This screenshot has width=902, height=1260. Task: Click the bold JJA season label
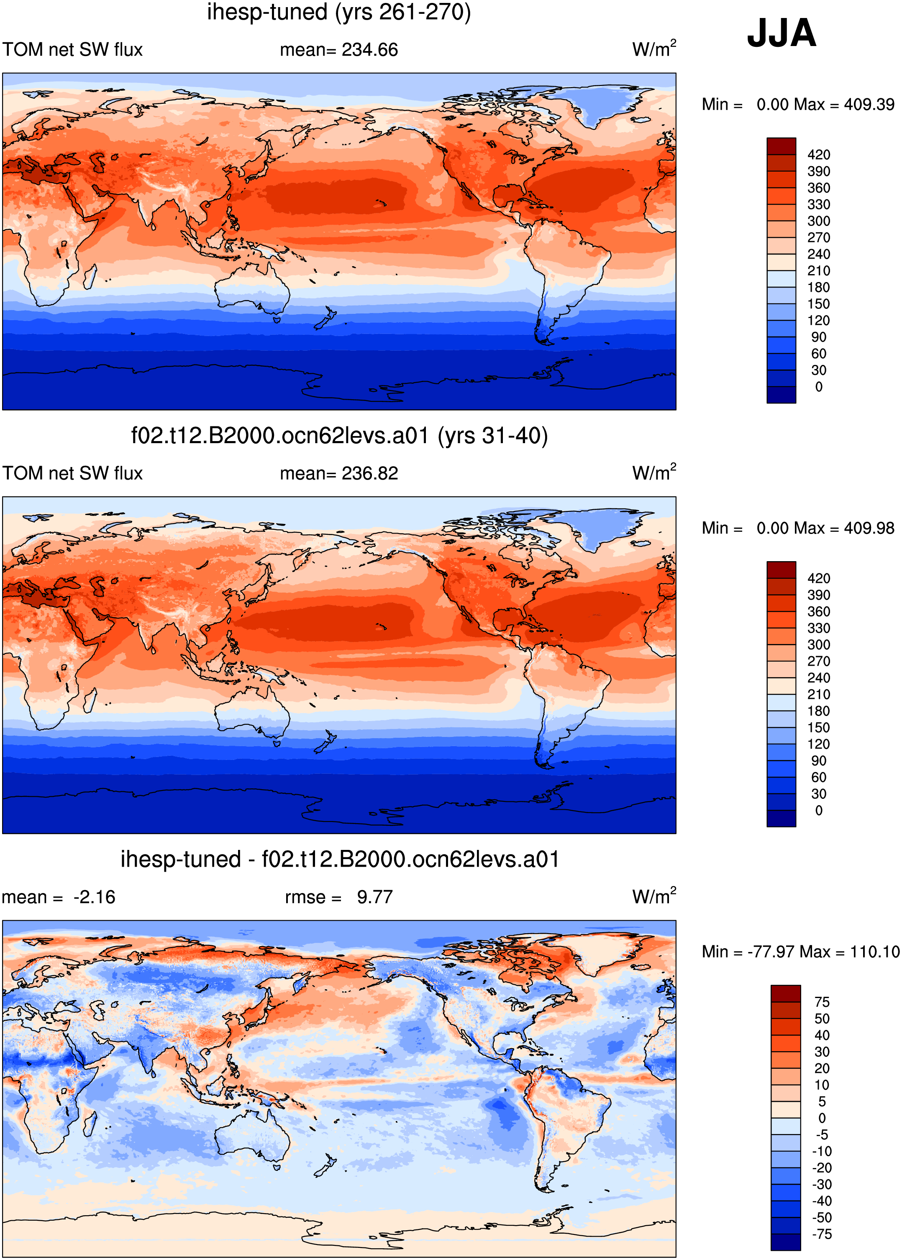782,33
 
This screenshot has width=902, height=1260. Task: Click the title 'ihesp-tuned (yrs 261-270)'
339,12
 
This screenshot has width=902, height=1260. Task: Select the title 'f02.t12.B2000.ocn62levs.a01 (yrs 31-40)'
339,436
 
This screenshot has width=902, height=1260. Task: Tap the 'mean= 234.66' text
339,50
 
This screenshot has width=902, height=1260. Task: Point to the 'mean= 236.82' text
339,473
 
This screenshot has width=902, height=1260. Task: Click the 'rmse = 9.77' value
339,897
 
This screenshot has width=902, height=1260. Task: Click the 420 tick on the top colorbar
819,155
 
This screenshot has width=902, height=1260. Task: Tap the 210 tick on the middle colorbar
819,695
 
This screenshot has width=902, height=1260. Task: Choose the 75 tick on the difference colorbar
822,1002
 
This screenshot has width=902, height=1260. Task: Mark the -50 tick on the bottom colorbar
822,1217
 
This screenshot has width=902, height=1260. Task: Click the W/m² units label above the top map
654,49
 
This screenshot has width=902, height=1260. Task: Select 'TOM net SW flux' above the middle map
73,473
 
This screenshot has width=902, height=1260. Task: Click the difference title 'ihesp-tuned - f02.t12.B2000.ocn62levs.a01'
339,860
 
